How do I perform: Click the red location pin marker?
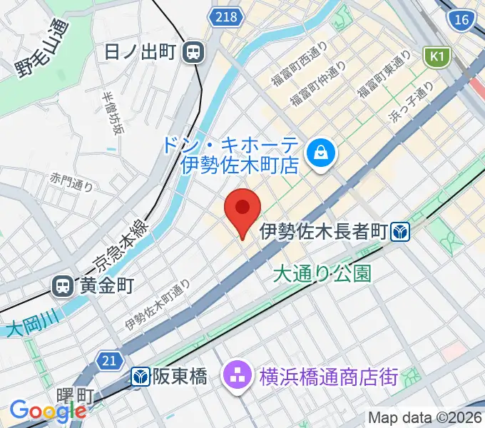(x=242, y=209)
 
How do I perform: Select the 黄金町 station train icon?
(x=63, y=287)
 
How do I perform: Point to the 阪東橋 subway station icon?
(x=140, y=376)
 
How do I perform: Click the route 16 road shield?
(x=461, y=19)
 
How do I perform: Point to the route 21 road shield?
(x=108, y=362)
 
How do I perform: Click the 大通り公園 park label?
(x=322, y=272)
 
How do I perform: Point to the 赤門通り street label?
(x=72, y=181)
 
